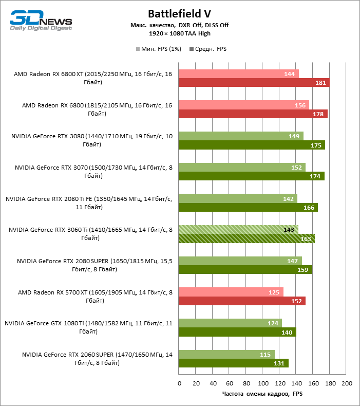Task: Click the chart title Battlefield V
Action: point(179,13)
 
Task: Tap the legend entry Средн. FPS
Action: point(208,49)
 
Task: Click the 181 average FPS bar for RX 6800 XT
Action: point(254,83)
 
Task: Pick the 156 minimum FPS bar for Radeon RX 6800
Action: point(244,105)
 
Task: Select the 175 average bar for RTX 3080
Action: point(252,145)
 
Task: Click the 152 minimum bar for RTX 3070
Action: point(242,167)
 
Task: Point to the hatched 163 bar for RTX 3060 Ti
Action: point(247,238)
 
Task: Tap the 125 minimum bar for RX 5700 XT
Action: point(231,292)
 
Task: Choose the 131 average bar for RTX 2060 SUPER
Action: point(234,363)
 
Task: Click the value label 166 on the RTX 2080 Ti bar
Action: point(309,208)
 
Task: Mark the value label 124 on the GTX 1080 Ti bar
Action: point(273,323)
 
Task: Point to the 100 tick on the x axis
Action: point(263,383)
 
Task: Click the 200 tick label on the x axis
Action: point(347,383)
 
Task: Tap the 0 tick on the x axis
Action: point(179,383)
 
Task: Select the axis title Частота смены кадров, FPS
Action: point(262,394)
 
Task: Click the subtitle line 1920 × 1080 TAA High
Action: point(179,33)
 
